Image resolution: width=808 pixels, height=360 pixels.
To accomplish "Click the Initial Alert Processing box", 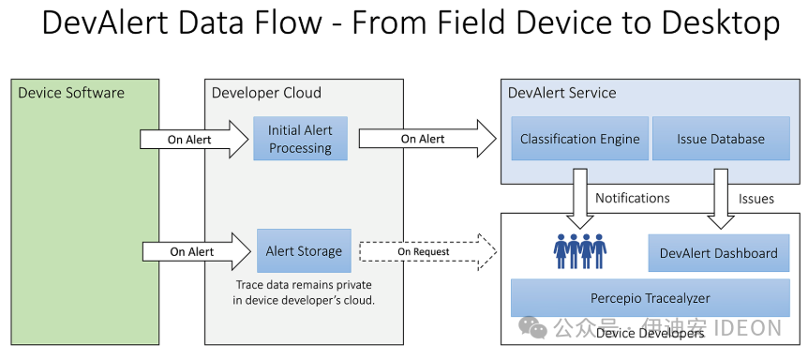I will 300,139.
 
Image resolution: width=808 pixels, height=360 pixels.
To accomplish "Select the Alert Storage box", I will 304,251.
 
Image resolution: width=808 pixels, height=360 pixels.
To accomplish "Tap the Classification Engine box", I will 579,139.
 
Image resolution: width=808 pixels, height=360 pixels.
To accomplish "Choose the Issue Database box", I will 720,139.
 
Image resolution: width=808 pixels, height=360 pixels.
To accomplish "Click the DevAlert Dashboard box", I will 718,253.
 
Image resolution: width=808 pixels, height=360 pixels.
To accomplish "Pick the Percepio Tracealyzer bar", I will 650,298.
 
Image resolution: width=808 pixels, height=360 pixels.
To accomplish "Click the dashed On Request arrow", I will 426,251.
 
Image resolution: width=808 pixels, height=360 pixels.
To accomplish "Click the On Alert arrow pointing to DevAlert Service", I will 426,139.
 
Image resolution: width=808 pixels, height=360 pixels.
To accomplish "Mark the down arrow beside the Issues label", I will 720,200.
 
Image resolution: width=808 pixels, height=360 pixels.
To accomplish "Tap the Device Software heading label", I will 71,93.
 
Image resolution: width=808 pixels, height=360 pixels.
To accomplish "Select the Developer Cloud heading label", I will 266,93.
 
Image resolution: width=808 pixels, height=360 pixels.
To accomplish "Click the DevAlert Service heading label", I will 561,93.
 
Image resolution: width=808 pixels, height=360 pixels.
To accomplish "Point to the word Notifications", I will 632,198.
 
